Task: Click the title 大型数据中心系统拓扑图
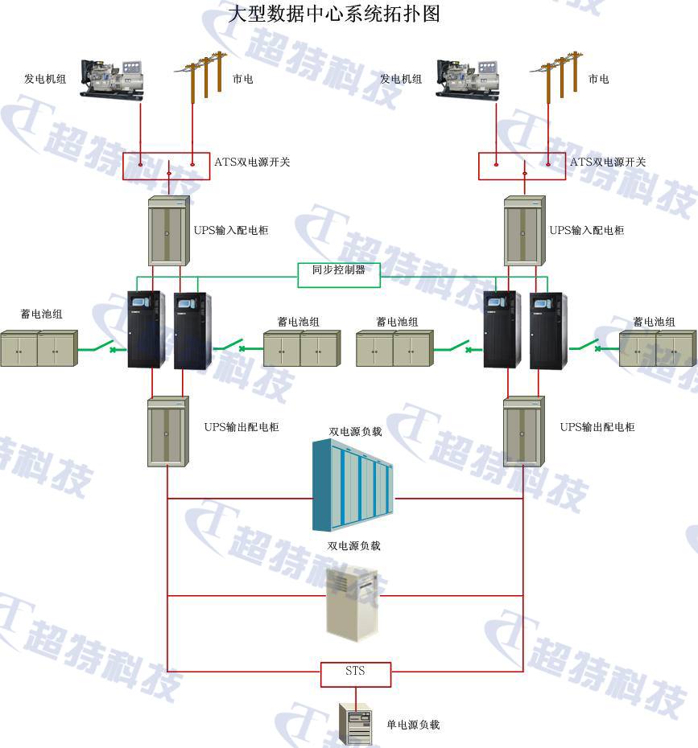tap(334, 14)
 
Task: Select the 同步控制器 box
tap(338, 271)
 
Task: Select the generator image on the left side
tap(113, 78)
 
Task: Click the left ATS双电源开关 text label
tap(252, 162)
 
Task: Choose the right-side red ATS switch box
tap(522, 166)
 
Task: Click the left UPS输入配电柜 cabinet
tap(168, 231)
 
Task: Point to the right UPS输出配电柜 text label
tap(597, 427)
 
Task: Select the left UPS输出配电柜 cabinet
tap(167, 433)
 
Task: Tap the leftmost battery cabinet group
tap(38, 347)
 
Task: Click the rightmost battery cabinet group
tap(656, 347)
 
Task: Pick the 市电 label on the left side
tap(242, 79)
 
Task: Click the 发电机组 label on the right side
tap(401, 79)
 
